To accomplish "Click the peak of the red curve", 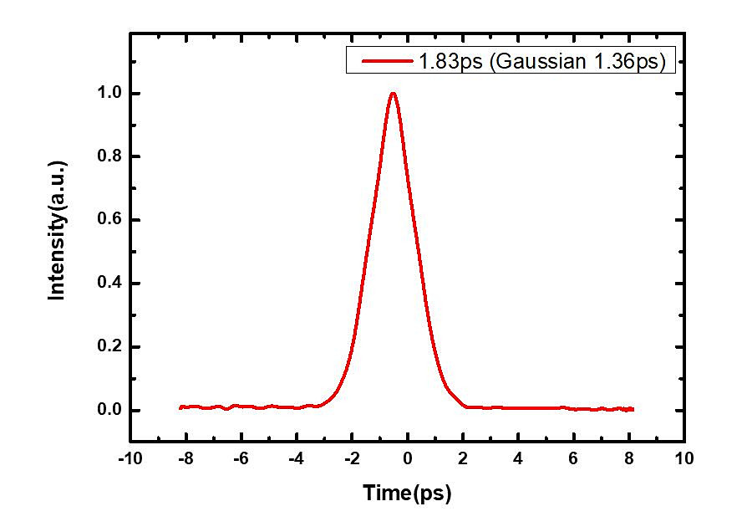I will pyautogui.click(x=393, y=93).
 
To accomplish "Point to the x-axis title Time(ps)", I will pyautogui.click(x=407, y=494).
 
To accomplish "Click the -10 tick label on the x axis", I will pyautogui.click(x=130, y=458).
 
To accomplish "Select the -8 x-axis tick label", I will pyautogui.click(x=185, y=458).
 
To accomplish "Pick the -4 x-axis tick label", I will pyautogui.click(x=295, y=458).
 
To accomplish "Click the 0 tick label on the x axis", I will pyautogui.click(x=407, y=458).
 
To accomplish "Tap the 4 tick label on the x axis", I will pyautogui.click(x=518, y=458).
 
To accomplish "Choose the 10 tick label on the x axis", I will pyautogui.click(x=684, y=458).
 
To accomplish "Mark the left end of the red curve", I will pyautogui.click(x=180, y=407).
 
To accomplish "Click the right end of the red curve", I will pyautogui.click(x=633, y=409).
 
